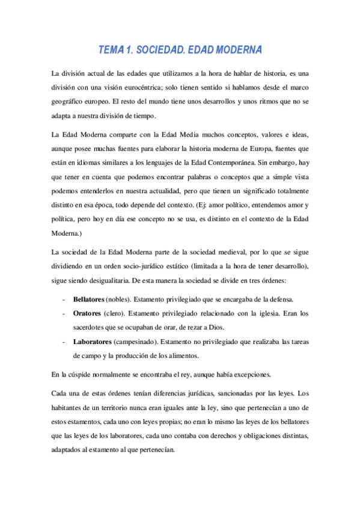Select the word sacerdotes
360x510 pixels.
[91, 327]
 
